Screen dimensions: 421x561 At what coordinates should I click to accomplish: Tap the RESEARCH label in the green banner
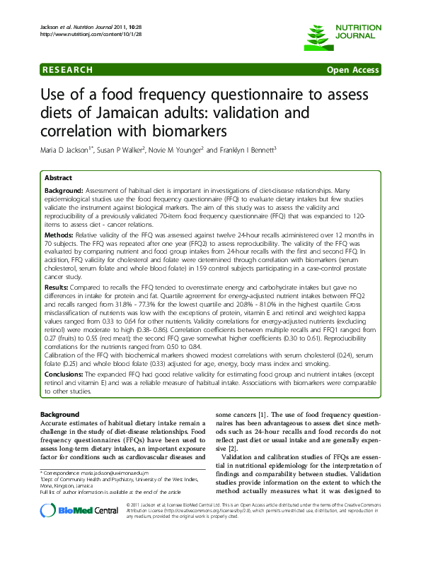[x=68, y=70]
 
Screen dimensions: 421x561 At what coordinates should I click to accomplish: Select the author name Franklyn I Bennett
[x=241, y=150]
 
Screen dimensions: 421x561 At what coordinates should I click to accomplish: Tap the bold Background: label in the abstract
[x=64, y=191]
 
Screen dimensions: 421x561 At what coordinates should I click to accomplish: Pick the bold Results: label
[x=57, y=288]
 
